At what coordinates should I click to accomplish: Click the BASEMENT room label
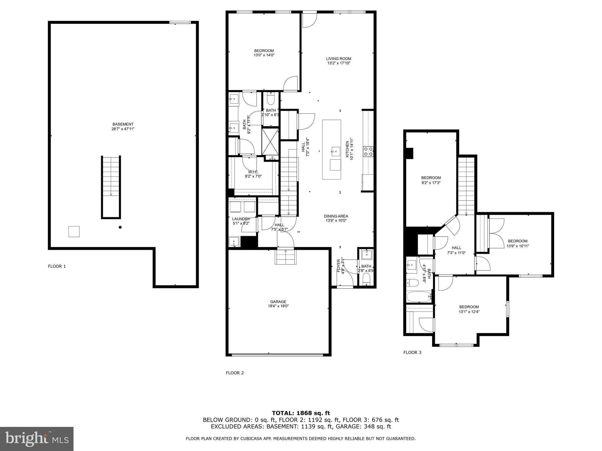[x=123, y=124]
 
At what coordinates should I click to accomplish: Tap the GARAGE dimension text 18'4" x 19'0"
[x=278, y=306]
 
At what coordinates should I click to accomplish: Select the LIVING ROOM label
[x=339, y=59]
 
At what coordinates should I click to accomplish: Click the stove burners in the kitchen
[x=368, y=152]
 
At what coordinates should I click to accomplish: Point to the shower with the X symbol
[x=270, y=142]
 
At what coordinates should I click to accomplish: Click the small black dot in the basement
[x=120, y=227]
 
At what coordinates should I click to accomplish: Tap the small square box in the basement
[x=74, y=231]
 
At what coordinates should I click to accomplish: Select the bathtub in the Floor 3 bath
[x=419, y=297]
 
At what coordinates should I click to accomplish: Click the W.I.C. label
[x=253, y=172]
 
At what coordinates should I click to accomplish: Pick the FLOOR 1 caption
[x=57, y=266]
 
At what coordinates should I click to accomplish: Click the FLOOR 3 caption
[x=412, y=352]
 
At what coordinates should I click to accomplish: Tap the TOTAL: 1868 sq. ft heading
[x=301, y=413]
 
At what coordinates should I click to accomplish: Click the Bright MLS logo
[x=37, y=439]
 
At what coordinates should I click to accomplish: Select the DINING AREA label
[x=336, y=216]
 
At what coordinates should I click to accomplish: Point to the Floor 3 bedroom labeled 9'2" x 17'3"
[x=431, y=180]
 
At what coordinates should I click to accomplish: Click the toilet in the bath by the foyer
[x=366, y=279]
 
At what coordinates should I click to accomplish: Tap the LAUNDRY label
[x=241, y=219]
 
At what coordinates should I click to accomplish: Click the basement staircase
[x=111, y=187]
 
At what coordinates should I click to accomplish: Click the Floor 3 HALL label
[x=456, y=248]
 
